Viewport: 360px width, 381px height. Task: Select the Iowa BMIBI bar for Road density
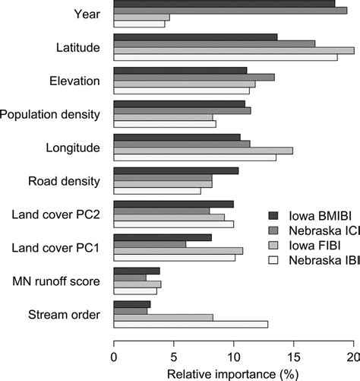tap(175, 171)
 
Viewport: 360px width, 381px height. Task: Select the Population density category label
tap(50, 114)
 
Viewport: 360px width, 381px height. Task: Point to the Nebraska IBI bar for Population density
tap(165, 124)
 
